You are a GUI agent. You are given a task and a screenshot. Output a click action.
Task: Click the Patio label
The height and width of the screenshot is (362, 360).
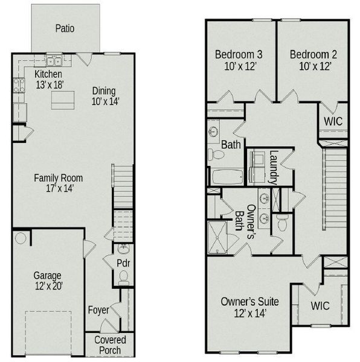pos(65,28)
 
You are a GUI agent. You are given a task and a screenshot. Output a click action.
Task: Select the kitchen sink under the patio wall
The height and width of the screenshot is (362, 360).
pos(54,61)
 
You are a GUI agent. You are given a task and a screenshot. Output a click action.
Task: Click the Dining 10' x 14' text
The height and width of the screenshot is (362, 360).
pos(105,96)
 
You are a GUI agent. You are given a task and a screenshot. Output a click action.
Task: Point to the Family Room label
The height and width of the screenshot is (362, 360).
pos(58,183)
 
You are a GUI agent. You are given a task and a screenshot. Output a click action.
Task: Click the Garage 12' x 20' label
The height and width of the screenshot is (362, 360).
pos(47,281)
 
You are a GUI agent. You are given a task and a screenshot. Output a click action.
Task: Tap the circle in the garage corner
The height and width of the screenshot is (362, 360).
pos(20,239)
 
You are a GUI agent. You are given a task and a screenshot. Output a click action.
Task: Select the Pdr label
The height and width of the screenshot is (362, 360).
pos(124,264)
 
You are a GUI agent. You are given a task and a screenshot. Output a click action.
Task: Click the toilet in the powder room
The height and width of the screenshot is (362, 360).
pos(123,278)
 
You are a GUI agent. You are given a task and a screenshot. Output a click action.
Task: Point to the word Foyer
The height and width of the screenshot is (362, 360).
pos(98,310)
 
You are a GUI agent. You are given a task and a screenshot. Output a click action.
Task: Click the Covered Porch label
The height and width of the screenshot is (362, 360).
pos(109,345)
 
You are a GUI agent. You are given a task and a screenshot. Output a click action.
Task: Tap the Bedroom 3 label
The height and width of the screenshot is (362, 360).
pos(238,60)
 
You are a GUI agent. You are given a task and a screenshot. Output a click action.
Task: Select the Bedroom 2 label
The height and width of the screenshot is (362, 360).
pos(312,60)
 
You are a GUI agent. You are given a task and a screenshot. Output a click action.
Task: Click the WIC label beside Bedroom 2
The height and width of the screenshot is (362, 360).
pos(333,121)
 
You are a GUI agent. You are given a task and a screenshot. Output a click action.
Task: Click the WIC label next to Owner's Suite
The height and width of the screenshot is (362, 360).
pos(320,306)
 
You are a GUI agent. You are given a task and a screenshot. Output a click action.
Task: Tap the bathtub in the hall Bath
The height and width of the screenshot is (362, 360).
pos(226,177)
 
